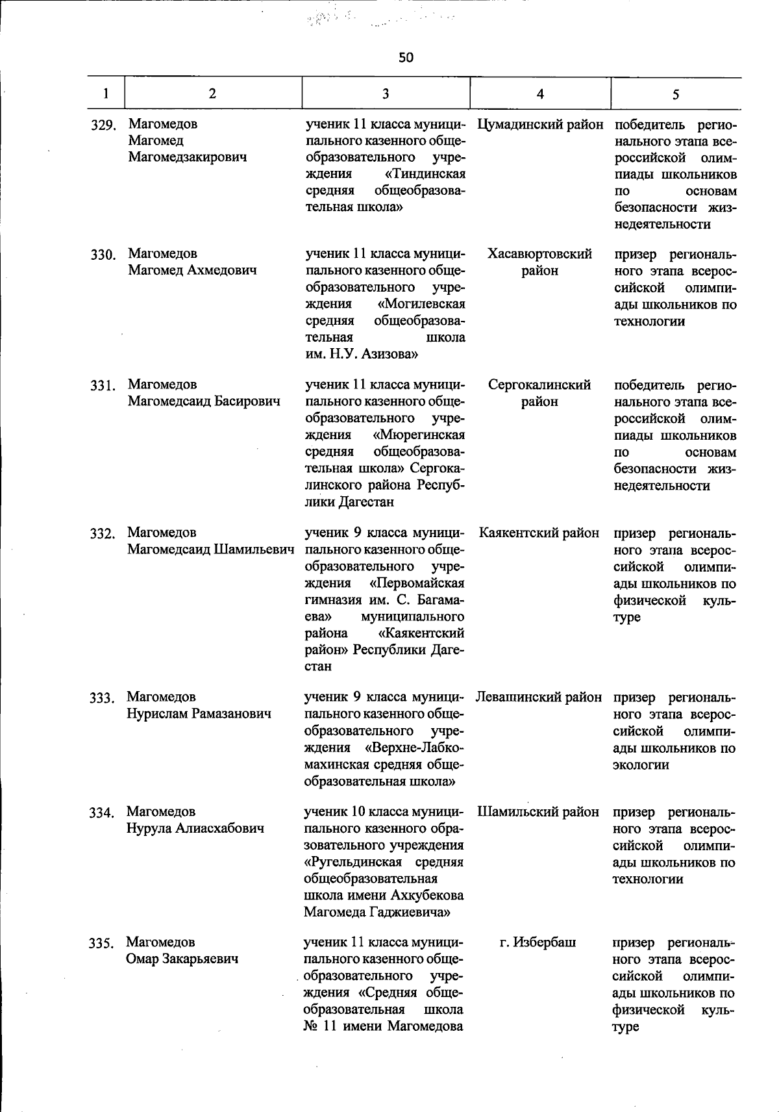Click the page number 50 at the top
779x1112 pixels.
click(406, 58)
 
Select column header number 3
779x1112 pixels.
click(386, 94)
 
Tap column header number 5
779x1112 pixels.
click(676, 95)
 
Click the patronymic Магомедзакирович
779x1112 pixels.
click(187, 157)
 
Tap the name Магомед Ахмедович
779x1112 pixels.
click(192, 270)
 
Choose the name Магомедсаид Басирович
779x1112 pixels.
click(204, 401)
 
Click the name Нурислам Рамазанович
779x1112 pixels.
click(199, 714)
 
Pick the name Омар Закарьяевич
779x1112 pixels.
click(182, 959)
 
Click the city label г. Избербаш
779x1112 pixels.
click(538, 942)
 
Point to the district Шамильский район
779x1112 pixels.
click(538, 812)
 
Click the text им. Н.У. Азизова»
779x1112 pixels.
click(362, 355)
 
